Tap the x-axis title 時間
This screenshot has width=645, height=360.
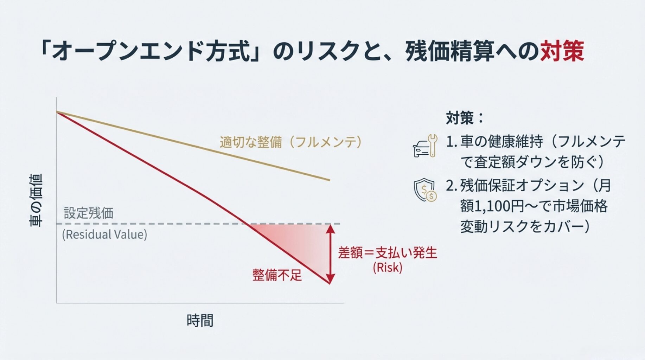pyautogui.click(x=200, y=321)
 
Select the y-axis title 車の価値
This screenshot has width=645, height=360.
pyautogui.click(x=36, y=200)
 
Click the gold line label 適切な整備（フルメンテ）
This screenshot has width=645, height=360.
pyautogui.click(x=291, y=142)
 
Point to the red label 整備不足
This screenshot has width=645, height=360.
pyautogui.click(x=277, y=275)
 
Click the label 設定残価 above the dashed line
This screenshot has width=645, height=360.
pyautogui.click(x=89, y=213)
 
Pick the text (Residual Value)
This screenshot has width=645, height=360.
pyautogui.click(x=104, y=234)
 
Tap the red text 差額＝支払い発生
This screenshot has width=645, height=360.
pyautogui.click(x=388, y=253)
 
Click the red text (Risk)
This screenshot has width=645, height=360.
pyautogui.click(x=388, y=268)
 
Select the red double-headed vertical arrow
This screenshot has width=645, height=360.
pyautogui.click(x=330, y=254)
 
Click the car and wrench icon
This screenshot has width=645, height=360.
pyautogui.click(x=425, y=146)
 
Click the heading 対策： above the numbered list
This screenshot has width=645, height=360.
pyautogui.click(x=465, y=118)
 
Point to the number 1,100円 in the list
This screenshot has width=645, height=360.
pyautogui.click(x=499, y=206)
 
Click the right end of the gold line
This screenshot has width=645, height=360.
pyautogui.click(x=330, y=180)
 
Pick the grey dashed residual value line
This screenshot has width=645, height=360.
pyautogui.click(x=198, y=224)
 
